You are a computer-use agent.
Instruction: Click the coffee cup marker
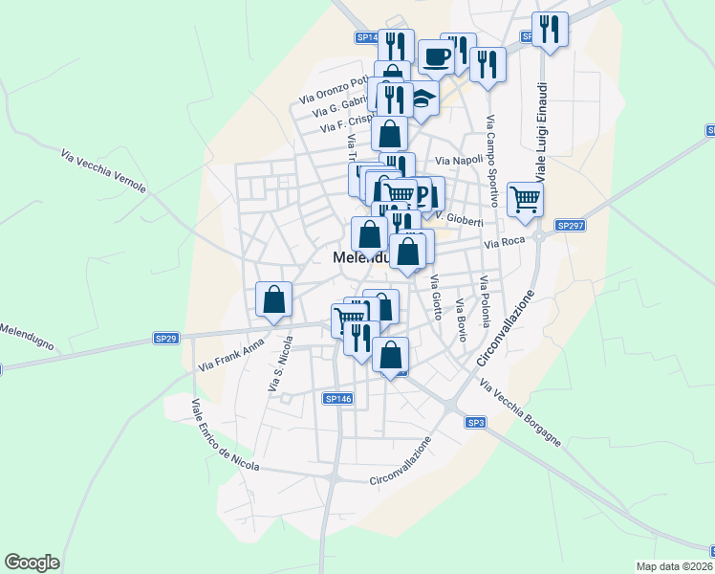pyautogui.click(x=436, y=56)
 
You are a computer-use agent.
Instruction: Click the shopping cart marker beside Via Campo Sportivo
pyautogui.click(x=525, y=199)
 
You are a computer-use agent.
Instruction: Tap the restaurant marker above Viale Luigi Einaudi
pyautogui.click(x=550, y=29)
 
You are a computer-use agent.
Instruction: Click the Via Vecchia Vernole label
pyautogui.click(x=103, y=171)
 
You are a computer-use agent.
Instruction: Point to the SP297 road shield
pyautogui.click(x=570, y=226)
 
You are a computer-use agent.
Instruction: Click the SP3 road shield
pyautogui.click(x=477, y=422)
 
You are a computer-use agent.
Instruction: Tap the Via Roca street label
pyautogui.click(x=506, y=244)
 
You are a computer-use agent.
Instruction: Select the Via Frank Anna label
pyautogui.click(x=230, y=358)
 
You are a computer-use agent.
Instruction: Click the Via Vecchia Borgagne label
pyautogui.click(x=521, y=415)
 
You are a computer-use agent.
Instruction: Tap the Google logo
pyautogui.click(x=32, y=563)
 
